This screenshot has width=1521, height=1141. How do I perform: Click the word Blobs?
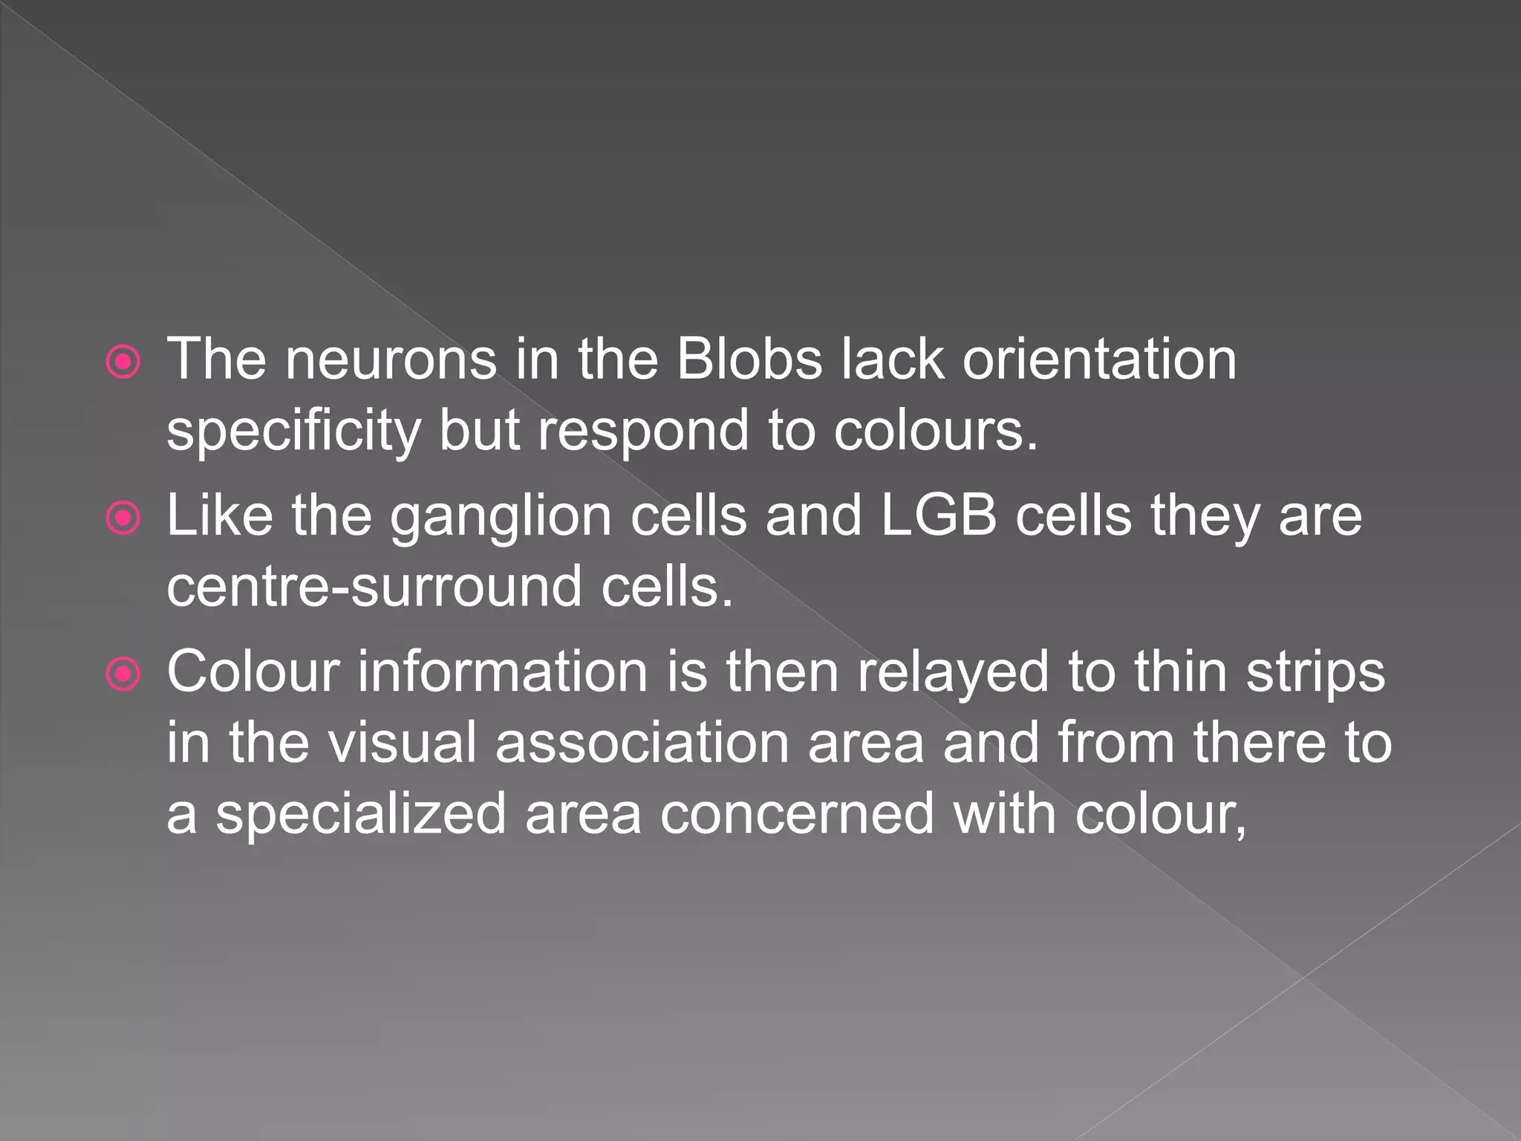point(749,360)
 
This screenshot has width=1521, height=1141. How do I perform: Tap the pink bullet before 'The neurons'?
point(123,363)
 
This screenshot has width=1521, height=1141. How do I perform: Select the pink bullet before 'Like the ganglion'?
point(123,519)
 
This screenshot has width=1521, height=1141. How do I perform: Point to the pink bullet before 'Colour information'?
point(123,674)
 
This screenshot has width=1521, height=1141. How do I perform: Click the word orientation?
point(1099,360)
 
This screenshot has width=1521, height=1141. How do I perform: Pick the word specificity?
point(293,432)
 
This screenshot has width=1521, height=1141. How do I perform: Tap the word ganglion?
point(501,517)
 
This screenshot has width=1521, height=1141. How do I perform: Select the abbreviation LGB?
point(938,516)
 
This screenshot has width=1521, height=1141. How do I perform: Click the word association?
point(642,743)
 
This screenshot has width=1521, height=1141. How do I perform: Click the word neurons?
point(391,360)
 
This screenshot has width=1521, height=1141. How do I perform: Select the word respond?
point(643,432)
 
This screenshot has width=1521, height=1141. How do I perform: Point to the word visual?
point(402,743)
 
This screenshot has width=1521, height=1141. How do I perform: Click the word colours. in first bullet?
point(934,431)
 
